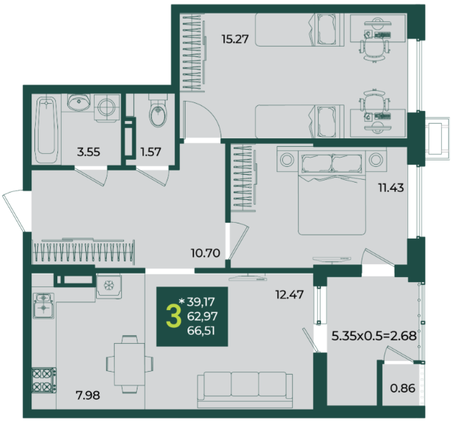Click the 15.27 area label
[235, 39]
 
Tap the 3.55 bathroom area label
[89, 152]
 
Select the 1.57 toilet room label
[150, 152]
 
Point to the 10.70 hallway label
[206, 253]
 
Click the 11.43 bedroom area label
[391, 188]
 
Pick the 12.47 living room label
[289, 294]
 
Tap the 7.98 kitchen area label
[88, 395]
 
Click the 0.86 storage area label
[402, 388]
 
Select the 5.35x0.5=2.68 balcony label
[374, 336]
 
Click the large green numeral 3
[173, 317]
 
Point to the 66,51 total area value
[201, 330]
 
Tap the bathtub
[46, 130]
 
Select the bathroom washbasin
[79, 102]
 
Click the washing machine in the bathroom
[107, 107]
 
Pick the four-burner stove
[44, 380]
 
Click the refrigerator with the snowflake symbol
[109, 286]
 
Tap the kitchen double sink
[44, 306]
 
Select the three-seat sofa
[245, 390]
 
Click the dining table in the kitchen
[130, 364]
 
